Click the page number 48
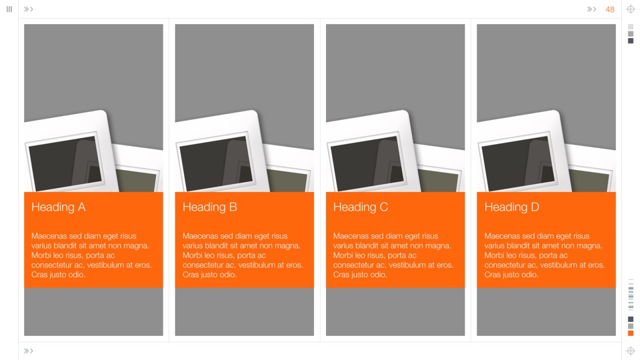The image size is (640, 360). (610, 9)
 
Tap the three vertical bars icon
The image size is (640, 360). (9, 9)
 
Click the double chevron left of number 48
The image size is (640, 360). (591, 9)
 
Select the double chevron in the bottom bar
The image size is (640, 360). (28, 351)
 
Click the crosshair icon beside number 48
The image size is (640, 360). (631, 9)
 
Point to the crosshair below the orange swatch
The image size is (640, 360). (631, 351)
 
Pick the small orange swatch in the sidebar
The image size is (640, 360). (631, 333)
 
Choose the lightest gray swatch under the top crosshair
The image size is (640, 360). (631, 27)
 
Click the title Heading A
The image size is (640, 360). (59, 207)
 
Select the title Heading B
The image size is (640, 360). (210, 207)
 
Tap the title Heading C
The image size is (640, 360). (361, 207)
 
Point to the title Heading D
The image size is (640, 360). (512, 207)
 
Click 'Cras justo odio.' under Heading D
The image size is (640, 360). (511, 275)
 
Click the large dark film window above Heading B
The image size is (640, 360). (216, 164)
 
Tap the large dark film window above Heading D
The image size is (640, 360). (519, 164)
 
